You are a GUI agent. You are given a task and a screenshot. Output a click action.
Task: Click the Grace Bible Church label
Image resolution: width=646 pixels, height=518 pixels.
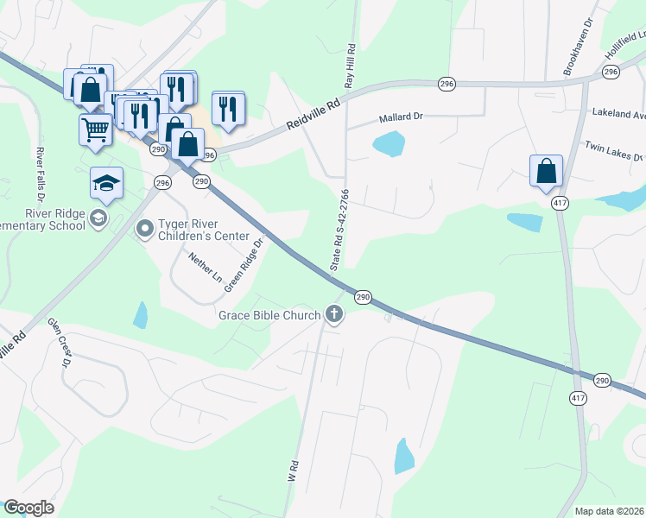click(x=270, y=315)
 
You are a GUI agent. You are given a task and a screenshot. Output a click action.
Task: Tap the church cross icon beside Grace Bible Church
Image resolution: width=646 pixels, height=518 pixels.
click(x=334, y=315)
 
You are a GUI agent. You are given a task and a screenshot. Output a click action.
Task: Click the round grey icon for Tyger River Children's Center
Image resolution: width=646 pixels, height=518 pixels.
click(x=144, y=229)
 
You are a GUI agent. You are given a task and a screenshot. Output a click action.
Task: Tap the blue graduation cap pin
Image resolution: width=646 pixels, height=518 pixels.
click(x=106, y=183)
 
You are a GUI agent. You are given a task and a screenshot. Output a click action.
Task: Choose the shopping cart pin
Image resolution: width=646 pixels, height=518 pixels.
click(x=95, y=130)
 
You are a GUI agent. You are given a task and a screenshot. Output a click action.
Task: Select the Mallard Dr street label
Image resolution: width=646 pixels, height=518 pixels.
click(x=401, y=117)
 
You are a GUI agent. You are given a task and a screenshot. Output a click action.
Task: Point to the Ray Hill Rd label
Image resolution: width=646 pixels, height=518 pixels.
click(x=351, y=66)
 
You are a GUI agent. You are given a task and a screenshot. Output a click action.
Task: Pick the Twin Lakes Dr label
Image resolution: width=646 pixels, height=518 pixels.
click(x=615, y=152)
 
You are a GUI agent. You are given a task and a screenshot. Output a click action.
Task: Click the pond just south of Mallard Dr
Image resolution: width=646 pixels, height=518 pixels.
click(x=389, y=143)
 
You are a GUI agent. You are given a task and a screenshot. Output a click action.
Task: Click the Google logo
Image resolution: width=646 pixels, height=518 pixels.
click(x=28, y=508)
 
